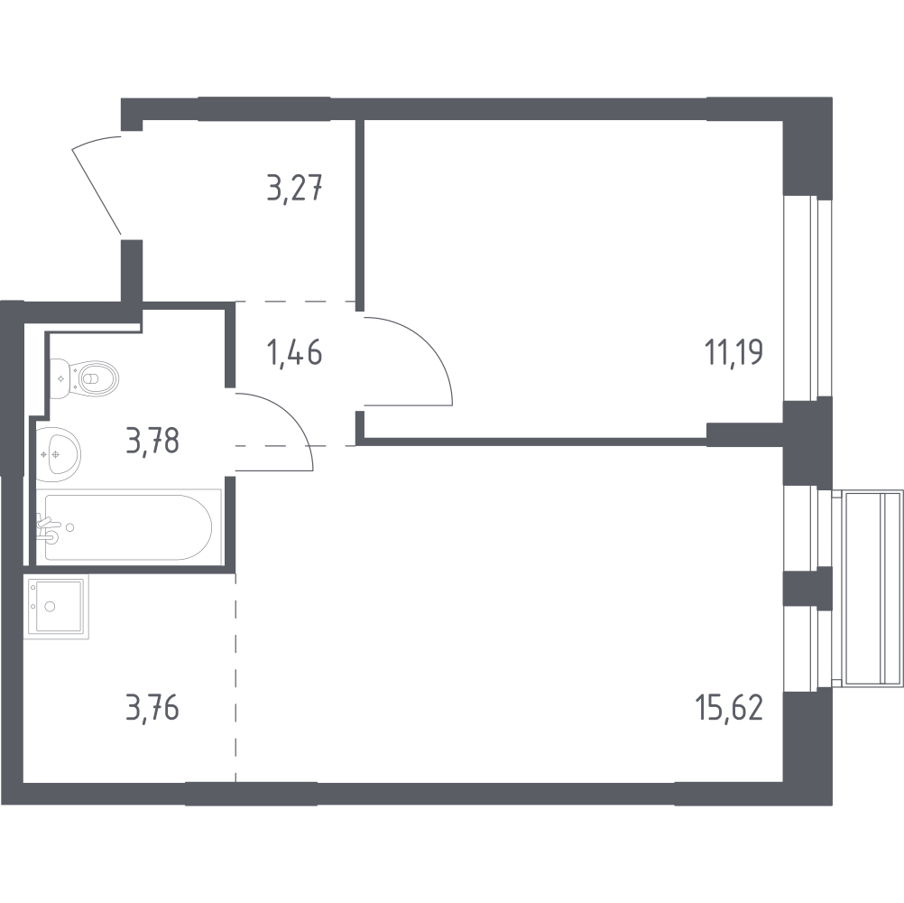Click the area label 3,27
[x=294, y=188]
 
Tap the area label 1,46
[x=294, y=352]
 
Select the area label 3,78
[x=152, y=441]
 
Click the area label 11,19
[x=733, y=352]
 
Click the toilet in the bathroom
[x=84, y=379]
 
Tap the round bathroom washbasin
[x=59, y=455]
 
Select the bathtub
[x=129, y=526]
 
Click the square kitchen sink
[x=57, y=606]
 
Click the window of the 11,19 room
[x=808, y=298]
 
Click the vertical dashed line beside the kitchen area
[x=235, y=677]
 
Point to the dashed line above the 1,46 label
[x=295, y=302]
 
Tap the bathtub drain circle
[x=70, y=526]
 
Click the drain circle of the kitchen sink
[x=51, y=606]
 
